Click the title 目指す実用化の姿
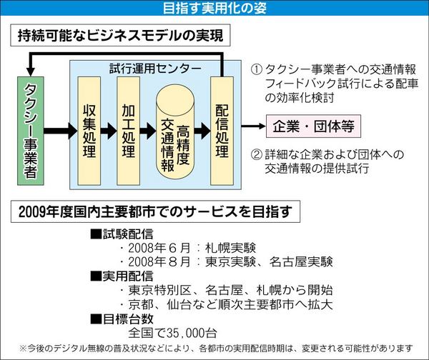pos(214,9)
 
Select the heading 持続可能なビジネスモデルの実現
pos(118,34)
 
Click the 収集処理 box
pos(88,131)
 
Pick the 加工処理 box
pos(129,131)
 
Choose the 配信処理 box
pos(222,131)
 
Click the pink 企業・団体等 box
pos(314,126)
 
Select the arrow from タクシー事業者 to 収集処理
pos(59,131)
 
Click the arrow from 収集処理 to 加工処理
pos(109,131)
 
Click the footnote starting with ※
pos(214,349)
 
